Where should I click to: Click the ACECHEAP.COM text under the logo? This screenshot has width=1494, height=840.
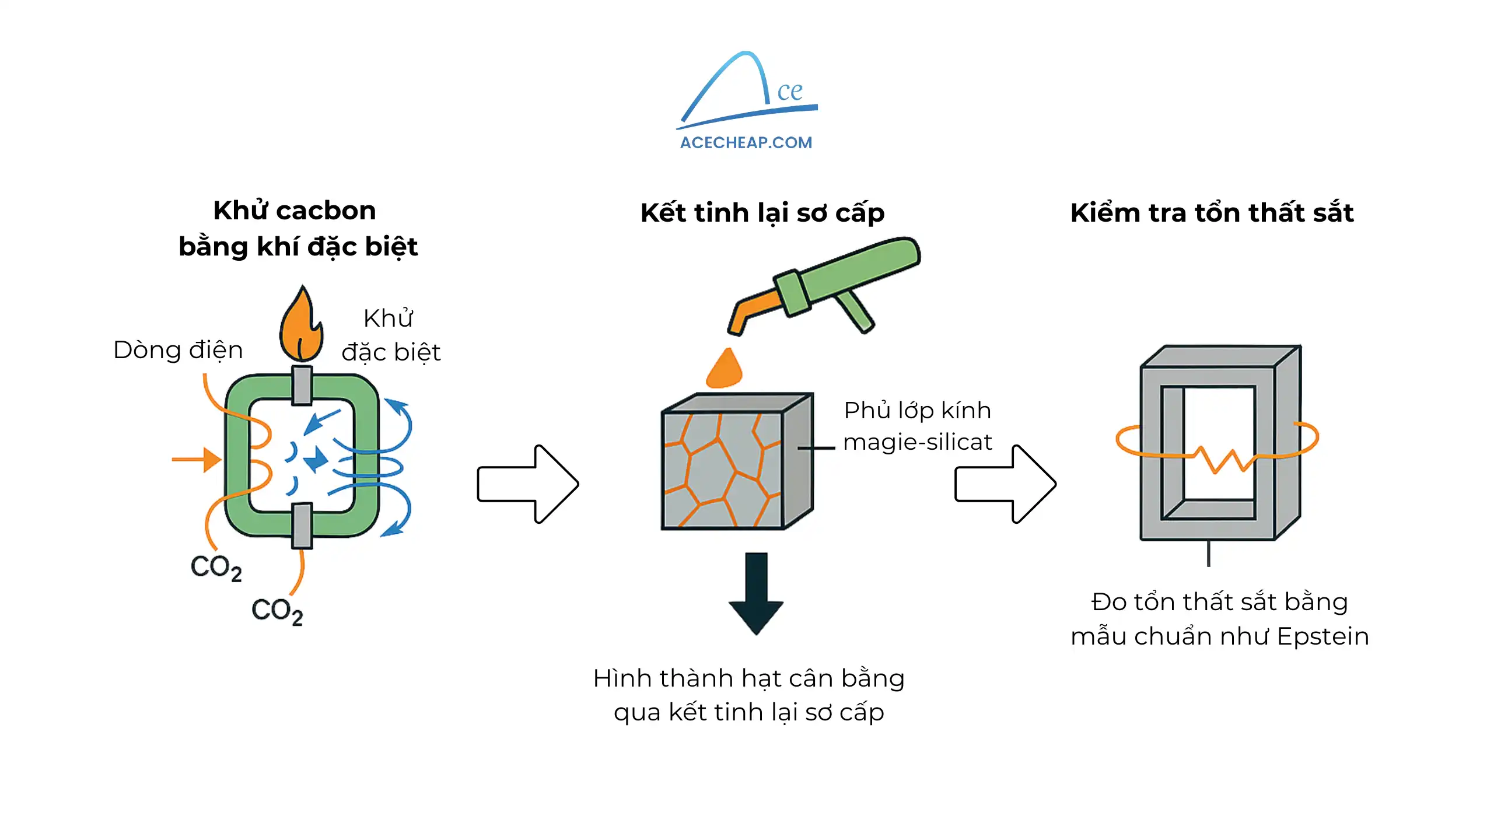pos(746,142)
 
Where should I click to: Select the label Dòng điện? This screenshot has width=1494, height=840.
pos(178,350)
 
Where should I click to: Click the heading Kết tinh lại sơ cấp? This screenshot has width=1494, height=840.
pos(762,212)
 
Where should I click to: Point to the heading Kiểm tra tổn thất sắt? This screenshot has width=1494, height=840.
pos(1212,212)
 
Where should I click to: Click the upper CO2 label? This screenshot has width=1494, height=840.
pos(216,568)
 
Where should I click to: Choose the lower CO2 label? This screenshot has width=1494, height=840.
pos(277,611)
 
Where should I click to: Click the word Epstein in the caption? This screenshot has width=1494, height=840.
pos(1322,636)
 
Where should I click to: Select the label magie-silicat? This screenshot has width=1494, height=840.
pos(917,442)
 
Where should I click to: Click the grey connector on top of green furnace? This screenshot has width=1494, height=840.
pos(302,385)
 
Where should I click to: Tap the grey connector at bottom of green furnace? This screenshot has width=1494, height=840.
pos(302,526)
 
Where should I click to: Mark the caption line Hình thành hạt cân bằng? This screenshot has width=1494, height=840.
pos(748,678)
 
